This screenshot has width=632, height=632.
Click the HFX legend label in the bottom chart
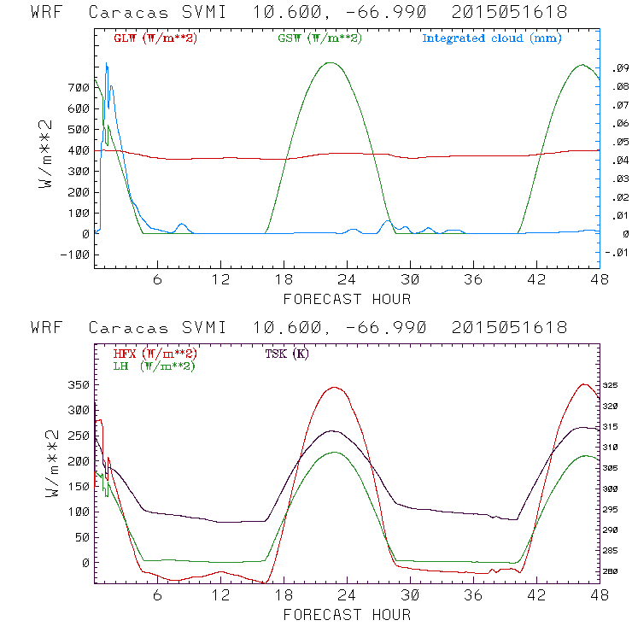(152, 354)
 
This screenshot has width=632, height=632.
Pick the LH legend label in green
(152, 366)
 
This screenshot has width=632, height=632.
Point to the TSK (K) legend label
(287, 354)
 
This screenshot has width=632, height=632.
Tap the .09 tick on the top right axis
(617, 68)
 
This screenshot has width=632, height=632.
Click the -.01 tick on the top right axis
(617, 253)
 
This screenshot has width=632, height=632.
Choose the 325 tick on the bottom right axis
(615, 386)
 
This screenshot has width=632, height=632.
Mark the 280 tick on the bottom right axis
(615, 571)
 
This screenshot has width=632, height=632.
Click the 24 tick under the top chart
(347, 280)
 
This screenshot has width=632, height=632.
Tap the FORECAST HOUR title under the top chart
(347, 299)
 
